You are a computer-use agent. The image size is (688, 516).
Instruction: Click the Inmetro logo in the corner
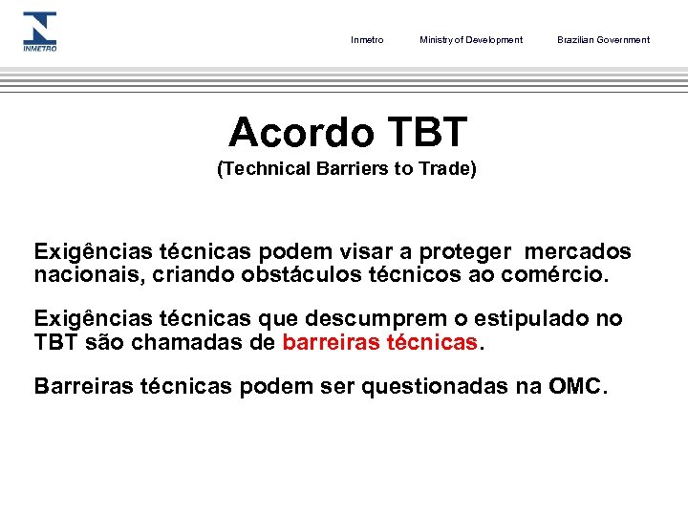[x=39, y=32]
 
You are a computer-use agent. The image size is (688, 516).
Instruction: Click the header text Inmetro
[x=367, y=40]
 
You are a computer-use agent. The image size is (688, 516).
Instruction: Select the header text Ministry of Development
[x=471, y=40]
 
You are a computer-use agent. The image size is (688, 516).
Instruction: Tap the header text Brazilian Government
[x=603, y=40]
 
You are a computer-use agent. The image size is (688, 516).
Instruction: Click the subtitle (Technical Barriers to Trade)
[x=347, y=169]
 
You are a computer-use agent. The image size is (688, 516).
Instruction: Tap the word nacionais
[x=80, y=275]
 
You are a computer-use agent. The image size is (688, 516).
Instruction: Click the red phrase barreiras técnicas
[x=379, y=341]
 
